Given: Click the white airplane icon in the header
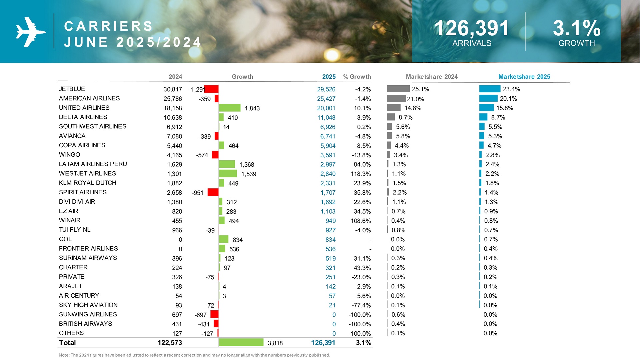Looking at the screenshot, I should [x=31, y=32].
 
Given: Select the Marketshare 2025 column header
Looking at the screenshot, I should [x=524, y=77].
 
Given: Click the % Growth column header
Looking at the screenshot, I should [x=357, y=77].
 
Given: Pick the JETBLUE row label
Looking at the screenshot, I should [x=72, y=89].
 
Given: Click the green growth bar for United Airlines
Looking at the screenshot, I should [x=229, y=108].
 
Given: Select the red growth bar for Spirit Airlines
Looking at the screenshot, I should [x=213, y=192].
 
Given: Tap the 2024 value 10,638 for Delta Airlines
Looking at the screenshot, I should [x=173, y=117].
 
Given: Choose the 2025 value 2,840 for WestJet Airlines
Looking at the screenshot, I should [x=328, y=174].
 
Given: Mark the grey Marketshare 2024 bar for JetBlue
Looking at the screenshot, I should [x=398, y=89].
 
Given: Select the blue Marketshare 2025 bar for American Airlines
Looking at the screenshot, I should [x=488, y=98].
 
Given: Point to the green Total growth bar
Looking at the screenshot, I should [x=241, y=342].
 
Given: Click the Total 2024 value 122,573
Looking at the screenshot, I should [x=170, y=343].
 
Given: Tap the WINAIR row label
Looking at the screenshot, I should [x=70, y=220].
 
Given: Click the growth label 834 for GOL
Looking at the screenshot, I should [x=237, y=240].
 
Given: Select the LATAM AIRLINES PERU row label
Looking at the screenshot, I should [x=93, y=164].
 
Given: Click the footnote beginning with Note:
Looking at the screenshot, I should [x=194, y=355].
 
